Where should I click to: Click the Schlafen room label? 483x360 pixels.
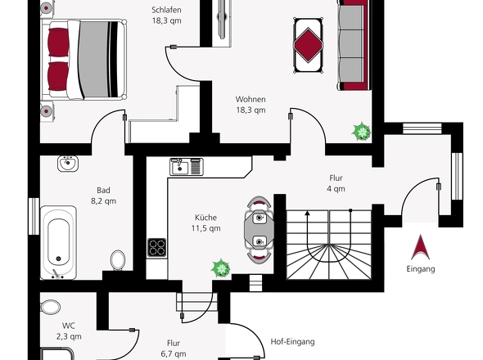pyautogui.click(x=166, y=10)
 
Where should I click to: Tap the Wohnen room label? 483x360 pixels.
pyautogui.click(x=251, y=99)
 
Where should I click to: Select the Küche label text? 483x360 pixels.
pyautogui.click(x=205, y=218)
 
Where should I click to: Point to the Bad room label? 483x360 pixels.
pyautogui.click(x=103, y=190)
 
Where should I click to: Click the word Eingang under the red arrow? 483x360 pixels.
pyautogui.click(x=421, y=269)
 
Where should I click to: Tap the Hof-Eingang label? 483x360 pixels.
pyautogui.click(x=292, y=341)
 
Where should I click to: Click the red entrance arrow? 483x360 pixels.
pyautogui.click(x=421, y=247)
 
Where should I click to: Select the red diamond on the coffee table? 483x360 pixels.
pyautogui.click(x=308, y=45)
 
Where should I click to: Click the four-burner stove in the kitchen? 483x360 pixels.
pyautogui.click(x=157, y=248)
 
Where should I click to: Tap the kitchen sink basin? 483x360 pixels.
pyautogui.click(x=180, y=168)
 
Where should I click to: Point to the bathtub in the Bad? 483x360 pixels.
pyautogui.click(x=58, y=242)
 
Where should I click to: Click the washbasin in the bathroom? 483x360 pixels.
pyautogui.click(x=68, y=163)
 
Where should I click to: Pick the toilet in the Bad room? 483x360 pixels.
pyautogui.click(x=118, y=260)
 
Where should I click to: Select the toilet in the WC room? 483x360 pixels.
pyautogui.click(x=50, y=307)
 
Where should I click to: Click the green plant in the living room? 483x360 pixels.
pyautogui.click(x=361, y=132)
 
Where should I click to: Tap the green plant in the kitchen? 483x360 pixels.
pyautogui.click(x=221, y=268)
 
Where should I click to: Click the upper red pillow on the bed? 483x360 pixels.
pyautogui.click(x=58, y=43)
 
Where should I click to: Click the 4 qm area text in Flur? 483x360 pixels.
pyautogui.click(x=336, y=189)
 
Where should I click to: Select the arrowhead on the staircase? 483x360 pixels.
pyautogui.click(x=308, y=213)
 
